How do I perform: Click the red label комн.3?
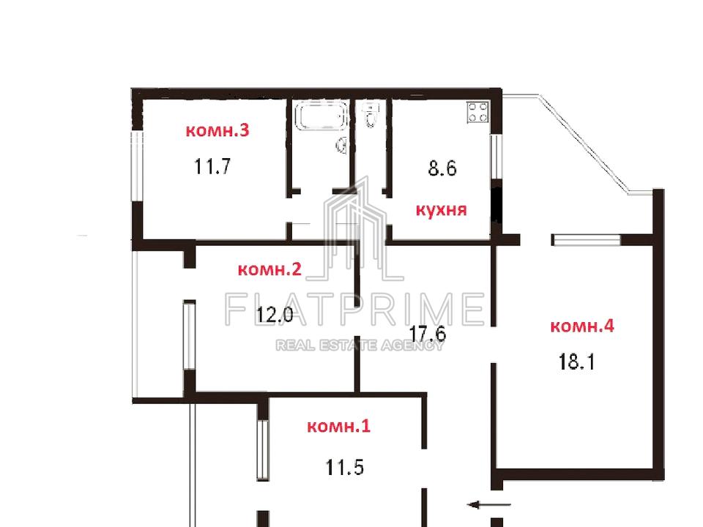(x=217, y=130)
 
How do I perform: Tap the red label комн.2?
(x=269, y=269)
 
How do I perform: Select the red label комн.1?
(x=339, y=426)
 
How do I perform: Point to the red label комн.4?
(x=582, y=326)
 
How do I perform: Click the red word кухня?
(x=441, y=210)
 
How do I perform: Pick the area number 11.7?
(x=212, y=166)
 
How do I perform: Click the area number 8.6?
(x=442, y=168)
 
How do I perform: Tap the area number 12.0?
(x=275, y=315)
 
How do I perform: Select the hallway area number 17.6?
(x=428, y=334)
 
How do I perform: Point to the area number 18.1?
(x=576, y=362)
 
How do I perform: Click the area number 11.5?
(x=344, y=468)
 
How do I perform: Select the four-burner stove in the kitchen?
(x=477, y=112)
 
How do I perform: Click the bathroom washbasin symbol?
(x=342, y=145)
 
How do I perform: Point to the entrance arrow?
(x=489, y=504)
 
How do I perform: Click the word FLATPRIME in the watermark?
(x=354, y=309)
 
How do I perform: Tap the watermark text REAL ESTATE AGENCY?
(x=359, y=345)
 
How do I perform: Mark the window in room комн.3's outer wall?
(x=137, y=166)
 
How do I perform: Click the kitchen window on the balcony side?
(x=496, y=157)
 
